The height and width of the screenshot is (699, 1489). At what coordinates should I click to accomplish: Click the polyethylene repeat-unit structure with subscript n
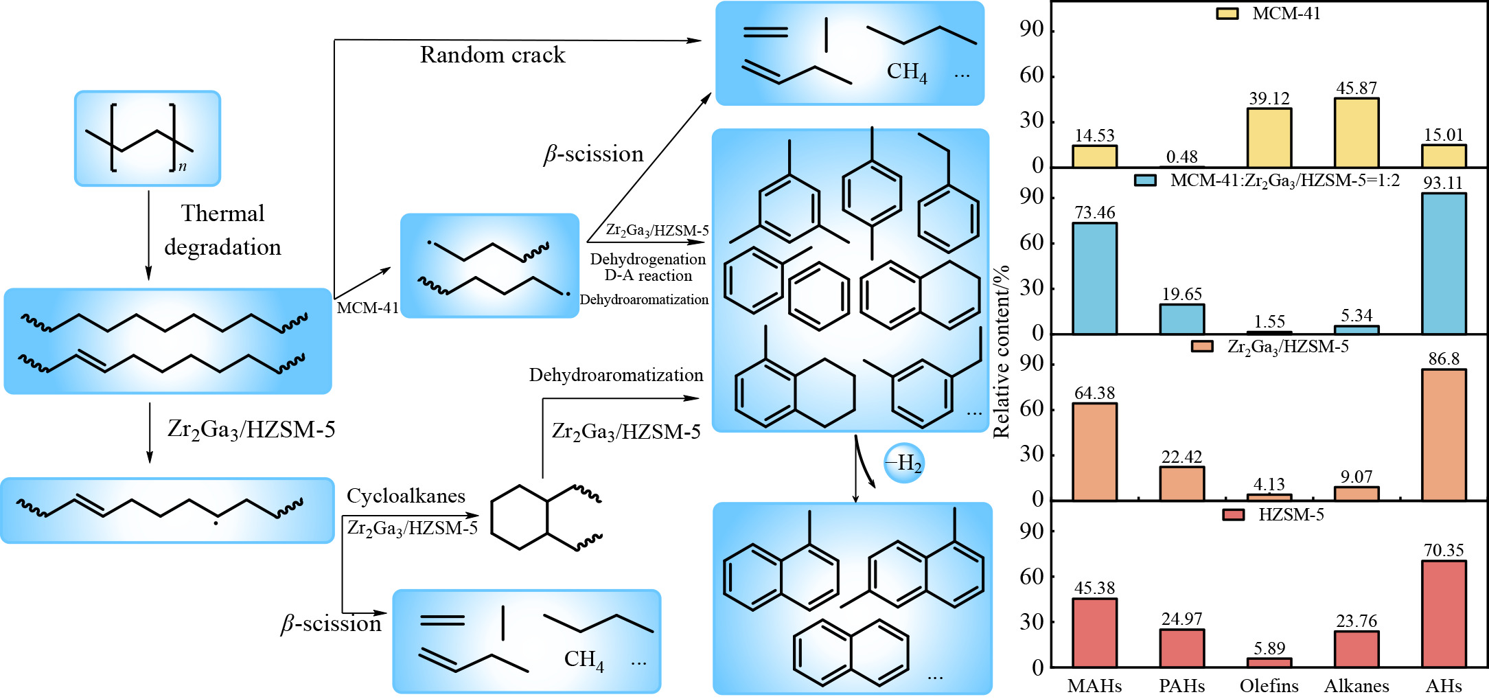tap(147, 139)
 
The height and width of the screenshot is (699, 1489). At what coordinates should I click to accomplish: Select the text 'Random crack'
tap(492, 55)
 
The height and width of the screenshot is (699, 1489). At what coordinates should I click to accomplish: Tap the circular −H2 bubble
tap(904, 463)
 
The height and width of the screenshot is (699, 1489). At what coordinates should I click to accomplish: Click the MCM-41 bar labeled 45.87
tap(1356, 132)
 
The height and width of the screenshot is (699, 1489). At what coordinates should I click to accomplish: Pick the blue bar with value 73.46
tap(1094, 278)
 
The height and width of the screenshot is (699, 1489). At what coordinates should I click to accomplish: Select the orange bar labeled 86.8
tap(1444, 434)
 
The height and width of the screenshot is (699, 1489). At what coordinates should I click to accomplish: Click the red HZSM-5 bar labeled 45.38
tap(1094, 632)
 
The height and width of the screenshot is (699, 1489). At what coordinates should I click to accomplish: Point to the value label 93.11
tap(1443, 183)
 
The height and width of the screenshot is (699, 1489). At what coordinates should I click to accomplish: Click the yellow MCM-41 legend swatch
tap(1227, 14)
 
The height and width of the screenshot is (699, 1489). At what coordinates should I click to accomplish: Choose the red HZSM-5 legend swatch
tap(1233, 515)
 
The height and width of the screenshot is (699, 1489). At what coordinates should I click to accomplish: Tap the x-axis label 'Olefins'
tap(1269, 686)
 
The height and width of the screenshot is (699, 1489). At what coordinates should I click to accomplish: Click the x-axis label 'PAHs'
tap(1181, 686)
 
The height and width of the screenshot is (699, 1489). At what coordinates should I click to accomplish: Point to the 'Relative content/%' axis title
tap(1002, 352)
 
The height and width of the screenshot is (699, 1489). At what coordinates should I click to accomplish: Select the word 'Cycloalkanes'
tap(406, 496)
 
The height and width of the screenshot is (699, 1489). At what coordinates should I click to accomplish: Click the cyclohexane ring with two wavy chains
tap(520, 517)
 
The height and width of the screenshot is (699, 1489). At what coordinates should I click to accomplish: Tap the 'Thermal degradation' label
tap(222, 230)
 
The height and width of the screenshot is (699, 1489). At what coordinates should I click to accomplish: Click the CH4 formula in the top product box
tap(906, 72)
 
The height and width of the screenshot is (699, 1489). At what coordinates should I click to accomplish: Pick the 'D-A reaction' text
tap(648, 275)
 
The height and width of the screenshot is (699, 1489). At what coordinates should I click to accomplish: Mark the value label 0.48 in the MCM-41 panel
tap(1181, 157)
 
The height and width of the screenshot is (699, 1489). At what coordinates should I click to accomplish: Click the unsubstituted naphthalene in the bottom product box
tap(851, 652)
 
